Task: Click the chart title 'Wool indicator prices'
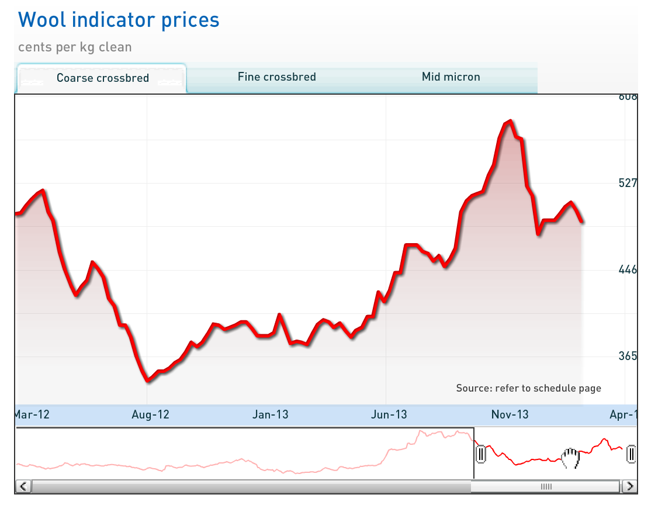click(x=119, y=20)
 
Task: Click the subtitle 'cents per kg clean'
click(x=75, y=47)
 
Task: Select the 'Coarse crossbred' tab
click(x=102, y=78)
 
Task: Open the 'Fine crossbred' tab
click(x=276, y=77)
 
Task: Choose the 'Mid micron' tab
click(x=451, y=77)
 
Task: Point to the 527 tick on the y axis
click(x=628, y=183)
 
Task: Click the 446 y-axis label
click(x=628, y=269)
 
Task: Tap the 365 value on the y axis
click(x=628, y=356)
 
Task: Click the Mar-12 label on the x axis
click(x=32, y=414)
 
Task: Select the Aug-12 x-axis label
click(x=150, y=414)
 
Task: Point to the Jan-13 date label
click(x=270, y=414)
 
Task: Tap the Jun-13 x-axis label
click(x=389, y=414)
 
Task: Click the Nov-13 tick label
click(x=510, y=414)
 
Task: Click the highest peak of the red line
click(x=510, y=121)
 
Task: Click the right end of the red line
click(x=582, y=222)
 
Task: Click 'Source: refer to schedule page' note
click(x=528, y=388)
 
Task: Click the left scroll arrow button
click(x=23, y=486)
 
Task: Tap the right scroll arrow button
click(x=629, y=486)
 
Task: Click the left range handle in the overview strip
click(x=480, y=454)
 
